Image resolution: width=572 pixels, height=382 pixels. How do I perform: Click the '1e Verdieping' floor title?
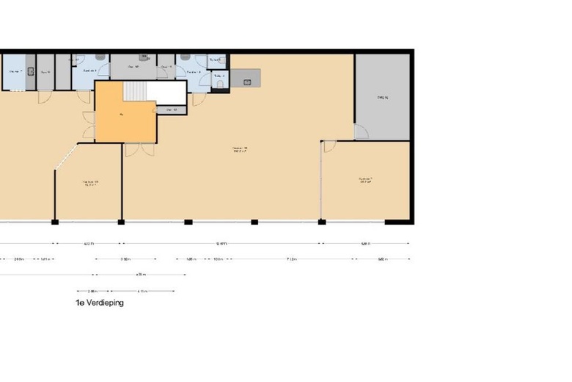tap(99, 303)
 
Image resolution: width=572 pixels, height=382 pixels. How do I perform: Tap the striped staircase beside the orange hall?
tap(135, 91)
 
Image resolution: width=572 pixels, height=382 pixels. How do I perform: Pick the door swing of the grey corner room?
tap(360, 131)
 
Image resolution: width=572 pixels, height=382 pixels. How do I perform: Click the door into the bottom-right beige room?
tap(329, 146)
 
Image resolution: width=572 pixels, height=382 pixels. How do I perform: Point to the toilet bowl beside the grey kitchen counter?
tap(221, 84)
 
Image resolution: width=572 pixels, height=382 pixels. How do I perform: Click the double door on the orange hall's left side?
tap(88, 125)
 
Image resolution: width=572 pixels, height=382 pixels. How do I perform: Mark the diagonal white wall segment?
tap(66, 157)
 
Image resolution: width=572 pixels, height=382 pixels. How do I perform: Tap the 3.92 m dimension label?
tap(125, 259)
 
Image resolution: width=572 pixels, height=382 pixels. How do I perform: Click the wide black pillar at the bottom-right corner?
tap(397, 221)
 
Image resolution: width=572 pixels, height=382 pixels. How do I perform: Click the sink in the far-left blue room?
tap(30, 71)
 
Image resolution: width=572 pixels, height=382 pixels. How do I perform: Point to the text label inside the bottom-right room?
tap(365, 180)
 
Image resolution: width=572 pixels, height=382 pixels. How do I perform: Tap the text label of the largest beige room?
tap(239, 151)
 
